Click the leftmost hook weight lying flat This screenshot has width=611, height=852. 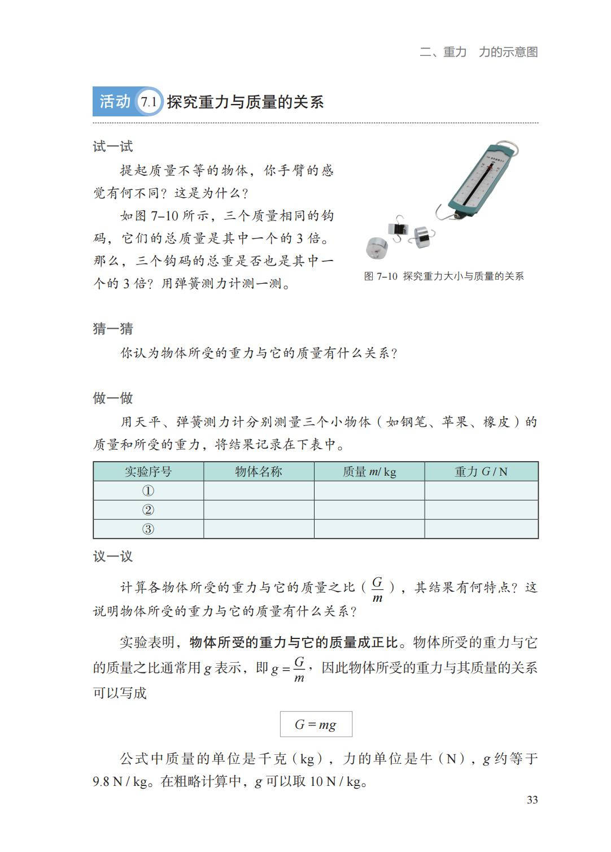coord(377,247)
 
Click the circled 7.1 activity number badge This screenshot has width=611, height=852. coord(149,102)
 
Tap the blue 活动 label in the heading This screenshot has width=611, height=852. coord(115,102)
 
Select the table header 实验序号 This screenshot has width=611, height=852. coord(148,472)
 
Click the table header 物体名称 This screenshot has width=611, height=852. coord(259,472)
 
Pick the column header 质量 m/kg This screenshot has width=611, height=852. coord(369,472)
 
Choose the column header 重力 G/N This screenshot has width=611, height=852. coord(481,472)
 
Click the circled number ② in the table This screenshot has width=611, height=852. coord(148,510)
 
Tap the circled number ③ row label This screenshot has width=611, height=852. coord(148,529)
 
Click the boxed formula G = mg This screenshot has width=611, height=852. coord(316,724)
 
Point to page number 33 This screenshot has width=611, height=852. coord(532,800)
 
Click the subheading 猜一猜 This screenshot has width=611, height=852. coord(113,329)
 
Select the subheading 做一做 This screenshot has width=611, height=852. coord(113,398)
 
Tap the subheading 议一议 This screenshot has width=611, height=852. coord(113,557)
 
